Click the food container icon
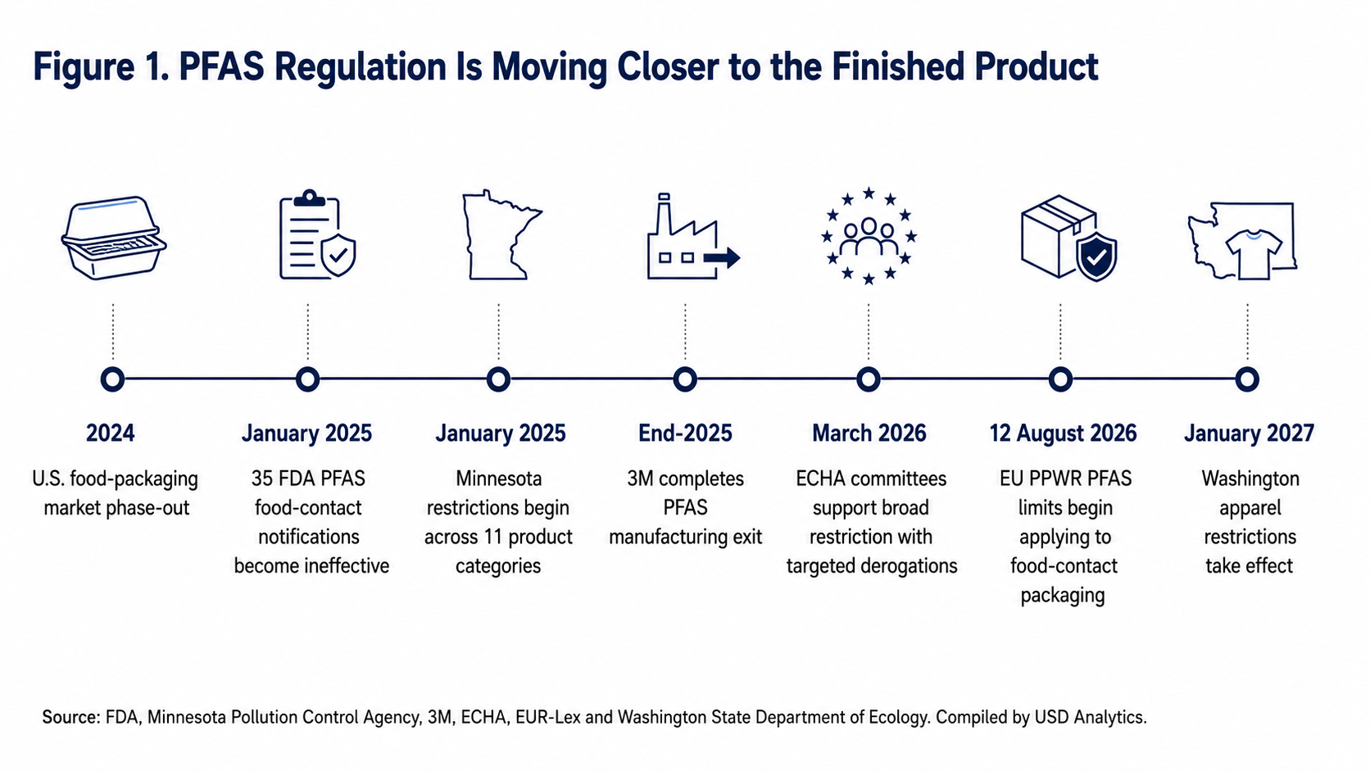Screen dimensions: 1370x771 tap(114, 238)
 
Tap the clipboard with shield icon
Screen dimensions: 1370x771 tap(317, 234)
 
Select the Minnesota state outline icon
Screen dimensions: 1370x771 tap(501, 235)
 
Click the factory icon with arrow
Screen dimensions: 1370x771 tap(693, 238)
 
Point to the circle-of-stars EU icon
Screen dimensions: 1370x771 tap(869, 236)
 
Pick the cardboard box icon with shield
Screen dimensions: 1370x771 tap(1069, 238)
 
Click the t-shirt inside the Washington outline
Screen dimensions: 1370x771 tap(1254, 254)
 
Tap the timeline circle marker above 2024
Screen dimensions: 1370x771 tap(112, 379)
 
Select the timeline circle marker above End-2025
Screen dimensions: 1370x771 tap(685, 379)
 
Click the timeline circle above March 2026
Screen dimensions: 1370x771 tap(869, 379)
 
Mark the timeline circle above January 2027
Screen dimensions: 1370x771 tap(1247, 379)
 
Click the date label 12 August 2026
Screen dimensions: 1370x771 tap(1063, 433)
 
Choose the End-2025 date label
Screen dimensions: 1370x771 tap(685, 433)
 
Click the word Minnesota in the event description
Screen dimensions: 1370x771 tap(498, 478)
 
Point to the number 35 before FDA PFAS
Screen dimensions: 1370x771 tap(262, 478)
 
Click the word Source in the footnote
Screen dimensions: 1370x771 tap(70, 717)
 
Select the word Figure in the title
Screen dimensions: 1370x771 tap(84, 67)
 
